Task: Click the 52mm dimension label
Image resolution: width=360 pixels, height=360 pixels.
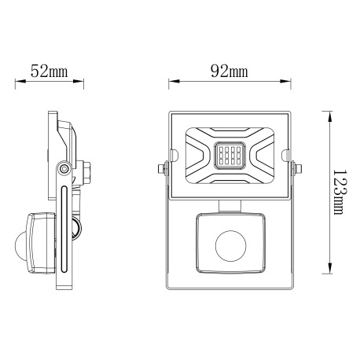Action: pos(48,72)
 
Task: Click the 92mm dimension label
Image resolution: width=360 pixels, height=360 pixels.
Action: pos(230,72)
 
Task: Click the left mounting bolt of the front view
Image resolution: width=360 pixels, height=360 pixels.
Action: pos(162,167)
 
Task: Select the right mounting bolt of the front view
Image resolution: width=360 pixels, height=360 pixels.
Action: pos(297,167)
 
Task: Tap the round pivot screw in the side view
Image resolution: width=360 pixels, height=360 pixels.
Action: pos(63,169)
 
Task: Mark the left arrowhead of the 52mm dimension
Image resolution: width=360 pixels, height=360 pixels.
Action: pos(19,81)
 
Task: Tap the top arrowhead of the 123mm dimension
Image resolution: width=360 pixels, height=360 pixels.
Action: pos(325,113)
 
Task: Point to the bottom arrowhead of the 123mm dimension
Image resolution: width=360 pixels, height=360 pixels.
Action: pos(325,273)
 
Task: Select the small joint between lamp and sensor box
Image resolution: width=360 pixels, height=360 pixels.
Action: pos(230,205)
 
